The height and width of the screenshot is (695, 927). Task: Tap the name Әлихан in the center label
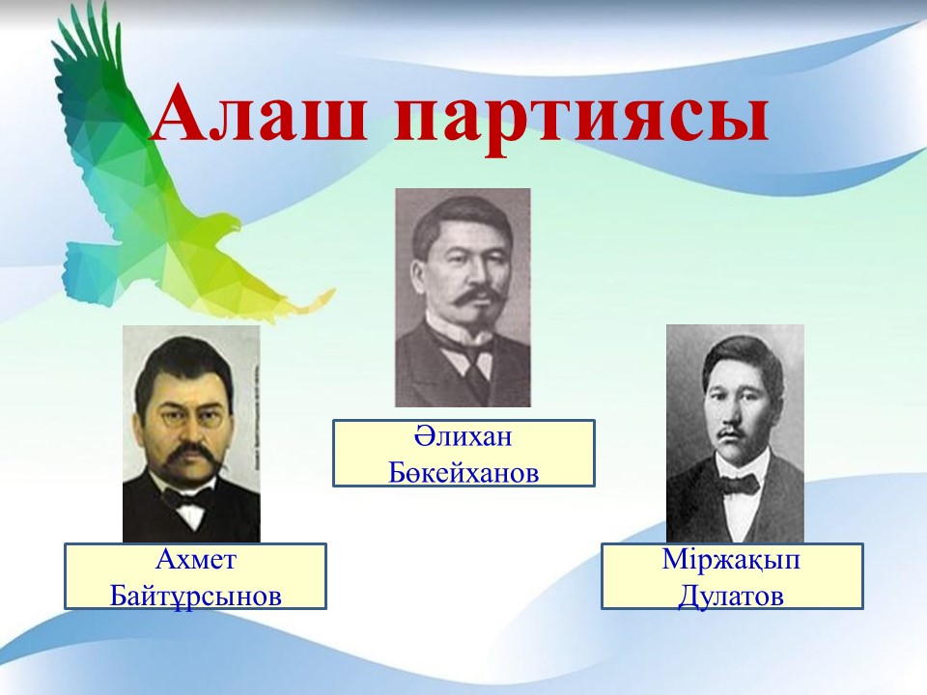tap(463, 437)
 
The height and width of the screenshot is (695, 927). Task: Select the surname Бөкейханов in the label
tap(463, 473)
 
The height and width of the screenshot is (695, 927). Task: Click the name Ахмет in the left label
tap(195, 559)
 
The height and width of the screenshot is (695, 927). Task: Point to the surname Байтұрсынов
tap(195, 597)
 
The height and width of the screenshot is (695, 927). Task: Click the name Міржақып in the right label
tap(731, 560)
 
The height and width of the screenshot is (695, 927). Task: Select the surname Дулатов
tap(731, 596)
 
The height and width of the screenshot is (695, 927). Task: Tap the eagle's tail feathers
tap(89, 275)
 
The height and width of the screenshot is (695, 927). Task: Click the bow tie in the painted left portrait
tap(183, 498)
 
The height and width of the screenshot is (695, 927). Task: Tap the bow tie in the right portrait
tap(739, 485)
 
